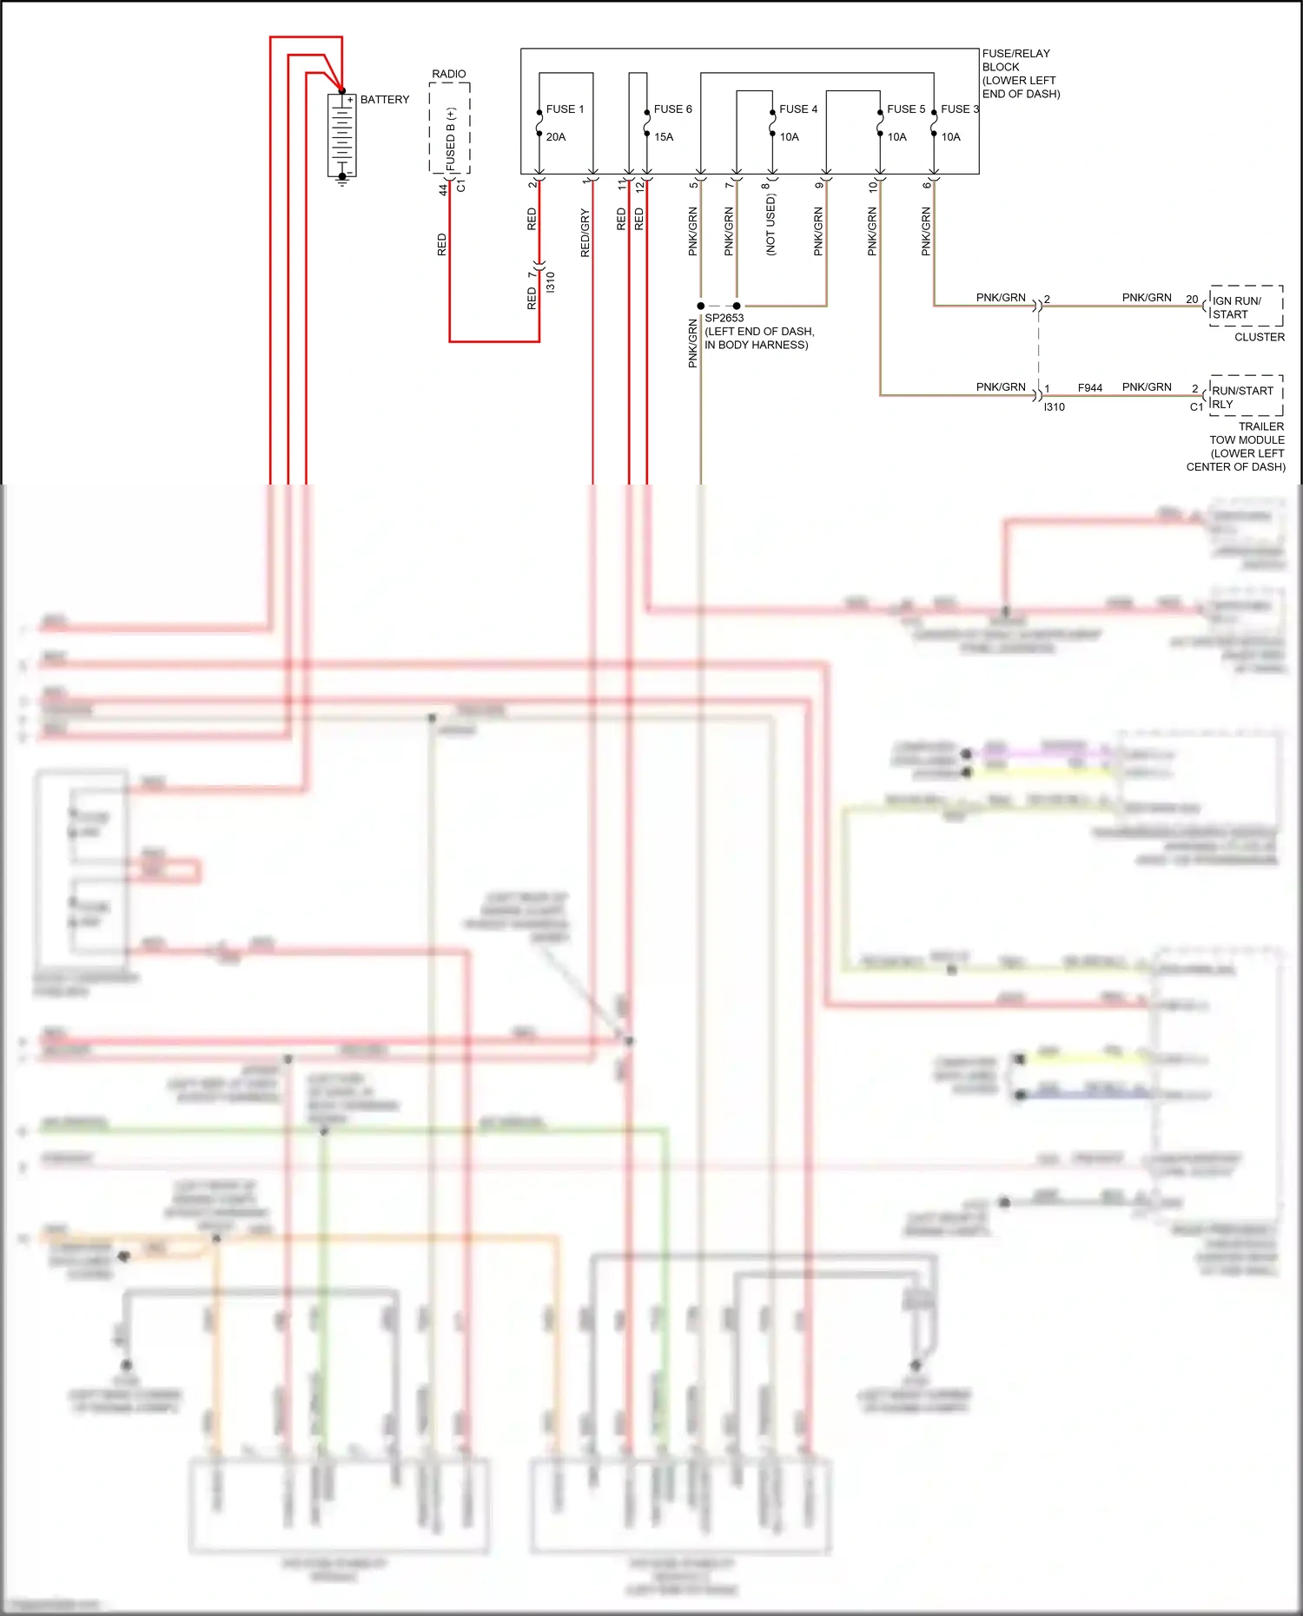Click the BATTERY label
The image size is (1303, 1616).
[384, 100]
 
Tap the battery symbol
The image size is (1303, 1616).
[342, 135]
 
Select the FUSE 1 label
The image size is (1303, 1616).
[565, 109]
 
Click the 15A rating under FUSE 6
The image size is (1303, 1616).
[664, 137]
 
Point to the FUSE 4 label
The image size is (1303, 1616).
[798, 109]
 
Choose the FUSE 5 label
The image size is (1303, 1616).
[906, 109]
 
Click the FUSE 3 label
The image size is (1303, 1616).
[960, 109]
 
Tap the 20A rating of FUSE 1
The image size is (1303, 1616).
[556, 137]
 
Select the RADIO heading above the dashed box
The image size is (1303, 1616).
[449, 75]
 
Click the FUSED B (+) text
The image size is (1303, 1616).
[450, 139]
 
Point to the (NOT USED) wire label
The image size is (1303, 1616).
[771, 225]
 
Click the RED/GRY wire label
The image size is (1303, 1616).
[585, 233]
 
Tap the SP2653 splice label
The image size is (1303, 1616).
[724, 318]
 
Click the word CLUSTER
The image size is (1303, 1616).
[1259, 337]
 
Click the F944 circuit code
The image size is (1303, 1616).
[1089, 388]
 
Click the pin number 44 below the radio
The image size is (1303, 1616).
[443, 189]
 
